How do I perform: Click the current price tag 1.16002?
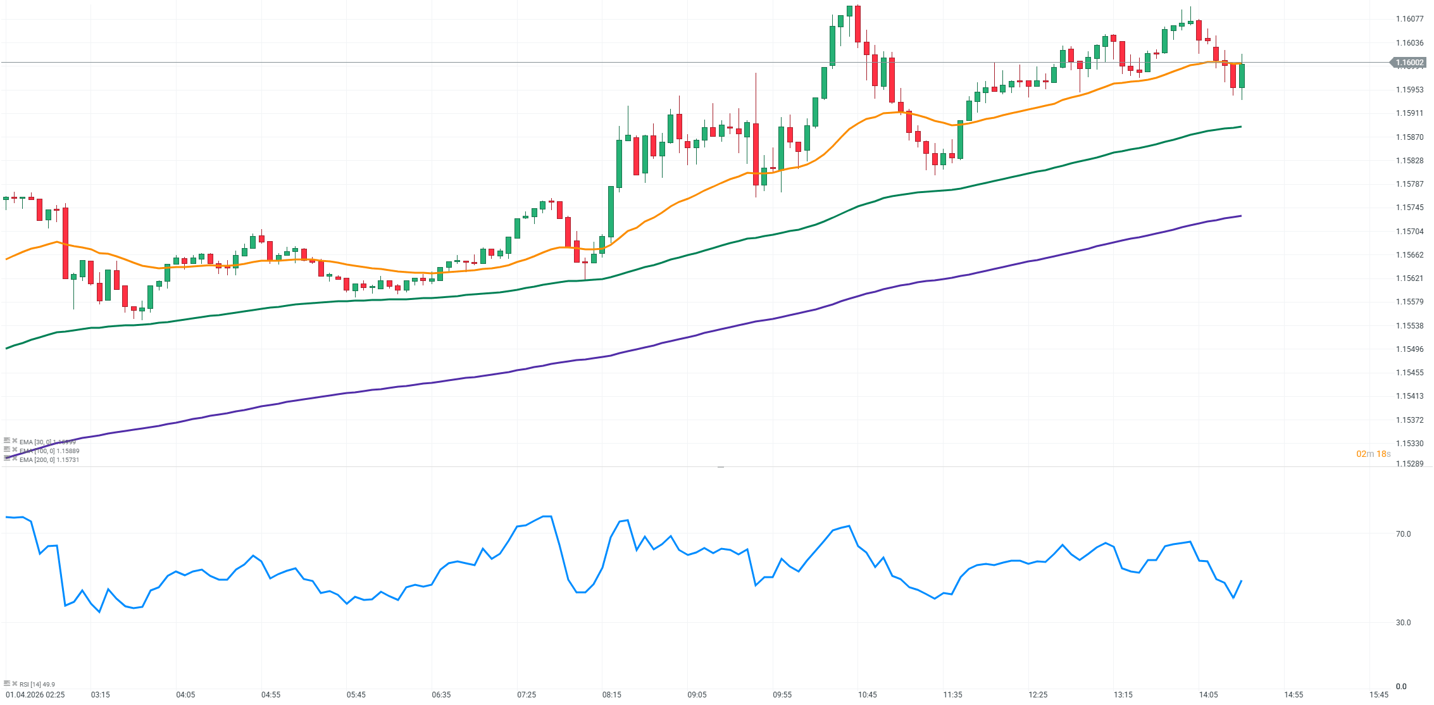pyautogui.click(x=1410, y=63)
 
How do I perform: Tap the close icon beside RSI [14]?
pyautogui.click(x=15, y=683)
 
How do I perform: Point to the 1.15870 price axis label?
pyautogui.click(x=1409, y=137)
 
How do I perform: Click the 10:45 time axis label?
pyautogui.click(x=868, y=695)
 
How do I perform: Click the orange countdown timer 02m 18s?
pyautogui.click(x=1373, y=454)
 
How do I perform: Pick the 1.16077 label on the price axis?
pyautogui.click(x=1409, y=19)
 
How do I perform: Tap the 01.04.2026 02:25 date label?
pyautogui.click(x=35, y=695)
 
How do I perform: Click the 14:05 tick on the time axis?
pyautogui.click(x=1208, y=695)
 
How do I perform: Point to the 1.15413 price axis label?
pyautogui.click(x=1409, y=396)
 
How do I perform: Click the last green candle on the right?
pyautogui.click(x=1242, y=76)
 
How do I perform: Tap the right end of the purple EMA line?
pyautogui.click(x=1240, y=216)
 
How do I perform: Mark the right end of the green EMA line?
pyautogui.click(x=1240, y=127)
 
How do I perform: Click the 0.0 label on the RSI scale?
pyautogui.click(x=1401, y=686)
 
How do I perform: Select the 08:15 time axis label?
pyautogui.click(x=612, y=695)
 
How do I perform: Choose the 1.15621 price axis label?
pyautogui.click(x=1409, y=278)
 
